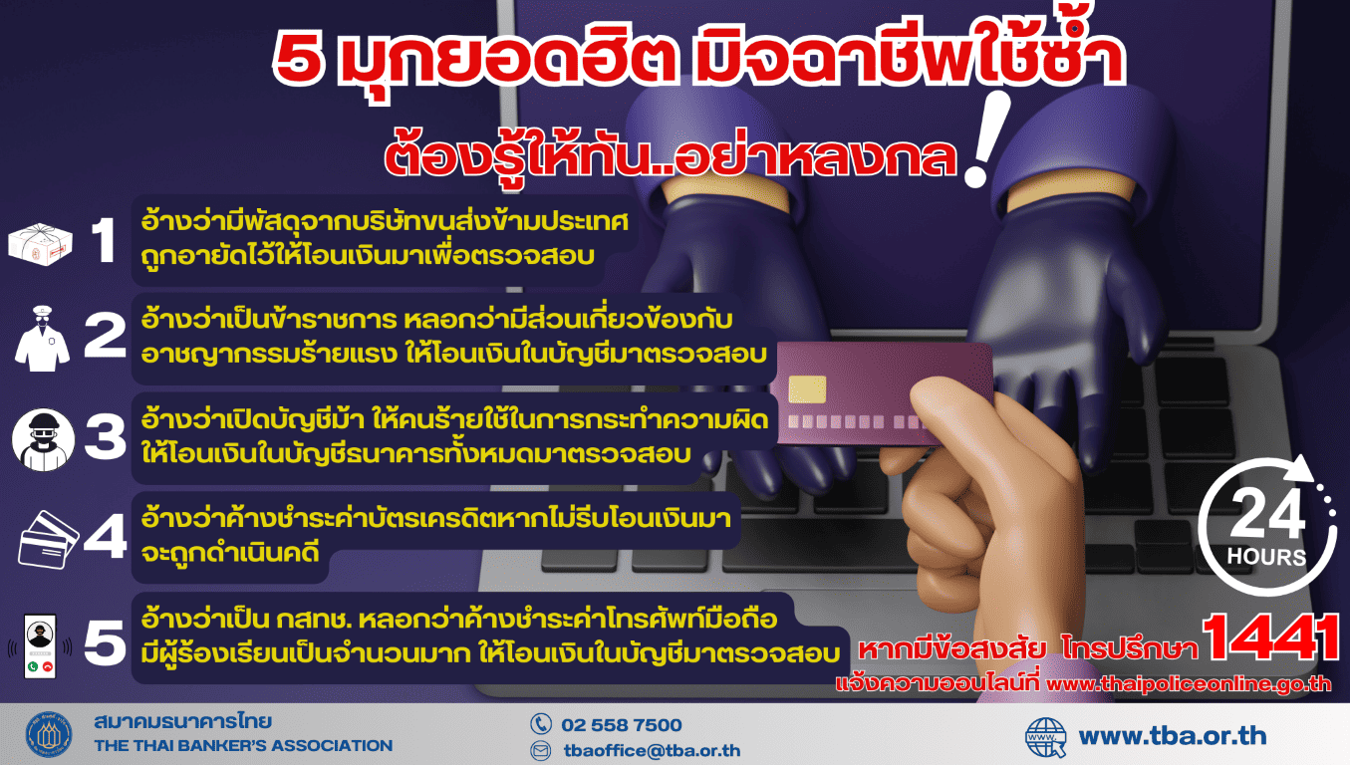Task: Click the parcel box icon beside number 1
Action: pos(41,243)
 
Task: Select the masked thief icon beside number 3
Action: pos(43,439)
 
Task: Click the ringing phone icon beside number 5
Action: pos(40,646)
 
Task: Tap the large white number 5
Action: pos(105,642)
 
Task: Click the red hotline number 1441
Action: pos(1270,637)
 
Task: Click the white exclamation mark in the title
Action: pos(986,139)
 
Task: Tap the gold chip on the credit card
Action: pos(807,389)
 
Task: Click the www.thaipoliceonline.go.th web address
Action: pos(1189,684)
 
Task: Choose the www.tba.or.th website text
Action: pos(1173,736)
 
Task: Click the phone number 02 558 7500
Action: pos(622,724)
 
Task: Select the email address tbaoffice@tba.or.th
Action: pos(653,750)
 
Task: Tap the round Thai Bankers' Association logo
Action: pos(49,735)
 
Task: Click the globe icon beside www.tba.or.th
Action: pos(1046,737)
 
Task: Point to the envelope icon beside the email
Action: pos(541,750)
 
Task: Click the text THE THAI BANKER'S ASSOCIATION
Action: pos(243,746)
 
